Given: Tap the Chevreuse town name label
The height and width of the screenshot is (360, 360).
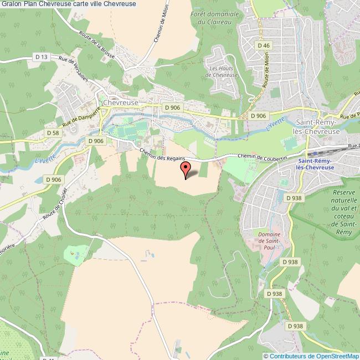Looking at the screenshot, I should tap(121, 102).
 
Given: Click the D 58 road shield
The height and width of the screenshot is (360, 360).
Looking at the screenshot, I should tap(53, 133).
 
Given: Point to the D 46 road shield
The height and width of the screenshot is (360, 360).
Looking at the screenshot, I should tap(263, 45).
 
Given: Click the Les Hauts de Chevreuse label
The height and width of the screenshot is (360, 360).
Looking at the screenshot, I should tap(220, 71).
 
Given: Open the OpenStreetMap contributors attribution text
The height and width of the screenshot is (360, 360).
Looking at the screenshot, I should tap(311, 356).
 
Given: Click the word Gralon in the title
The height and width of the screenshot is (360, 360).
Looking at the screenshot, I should tap(12, 4).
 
